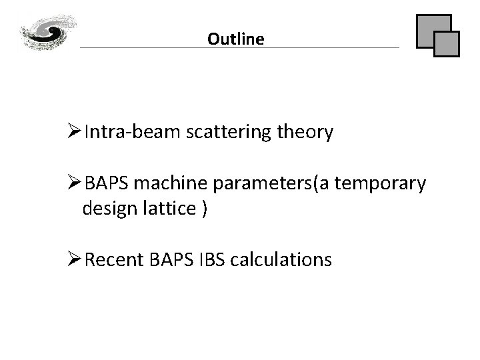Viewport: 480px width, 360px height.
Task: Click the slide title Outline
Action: tap(235, 39)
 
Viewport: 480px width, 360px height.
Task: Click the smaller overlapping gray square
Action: tap(447, 43)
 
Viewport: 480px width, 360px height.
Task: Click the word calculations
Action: tap(280, 259)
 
